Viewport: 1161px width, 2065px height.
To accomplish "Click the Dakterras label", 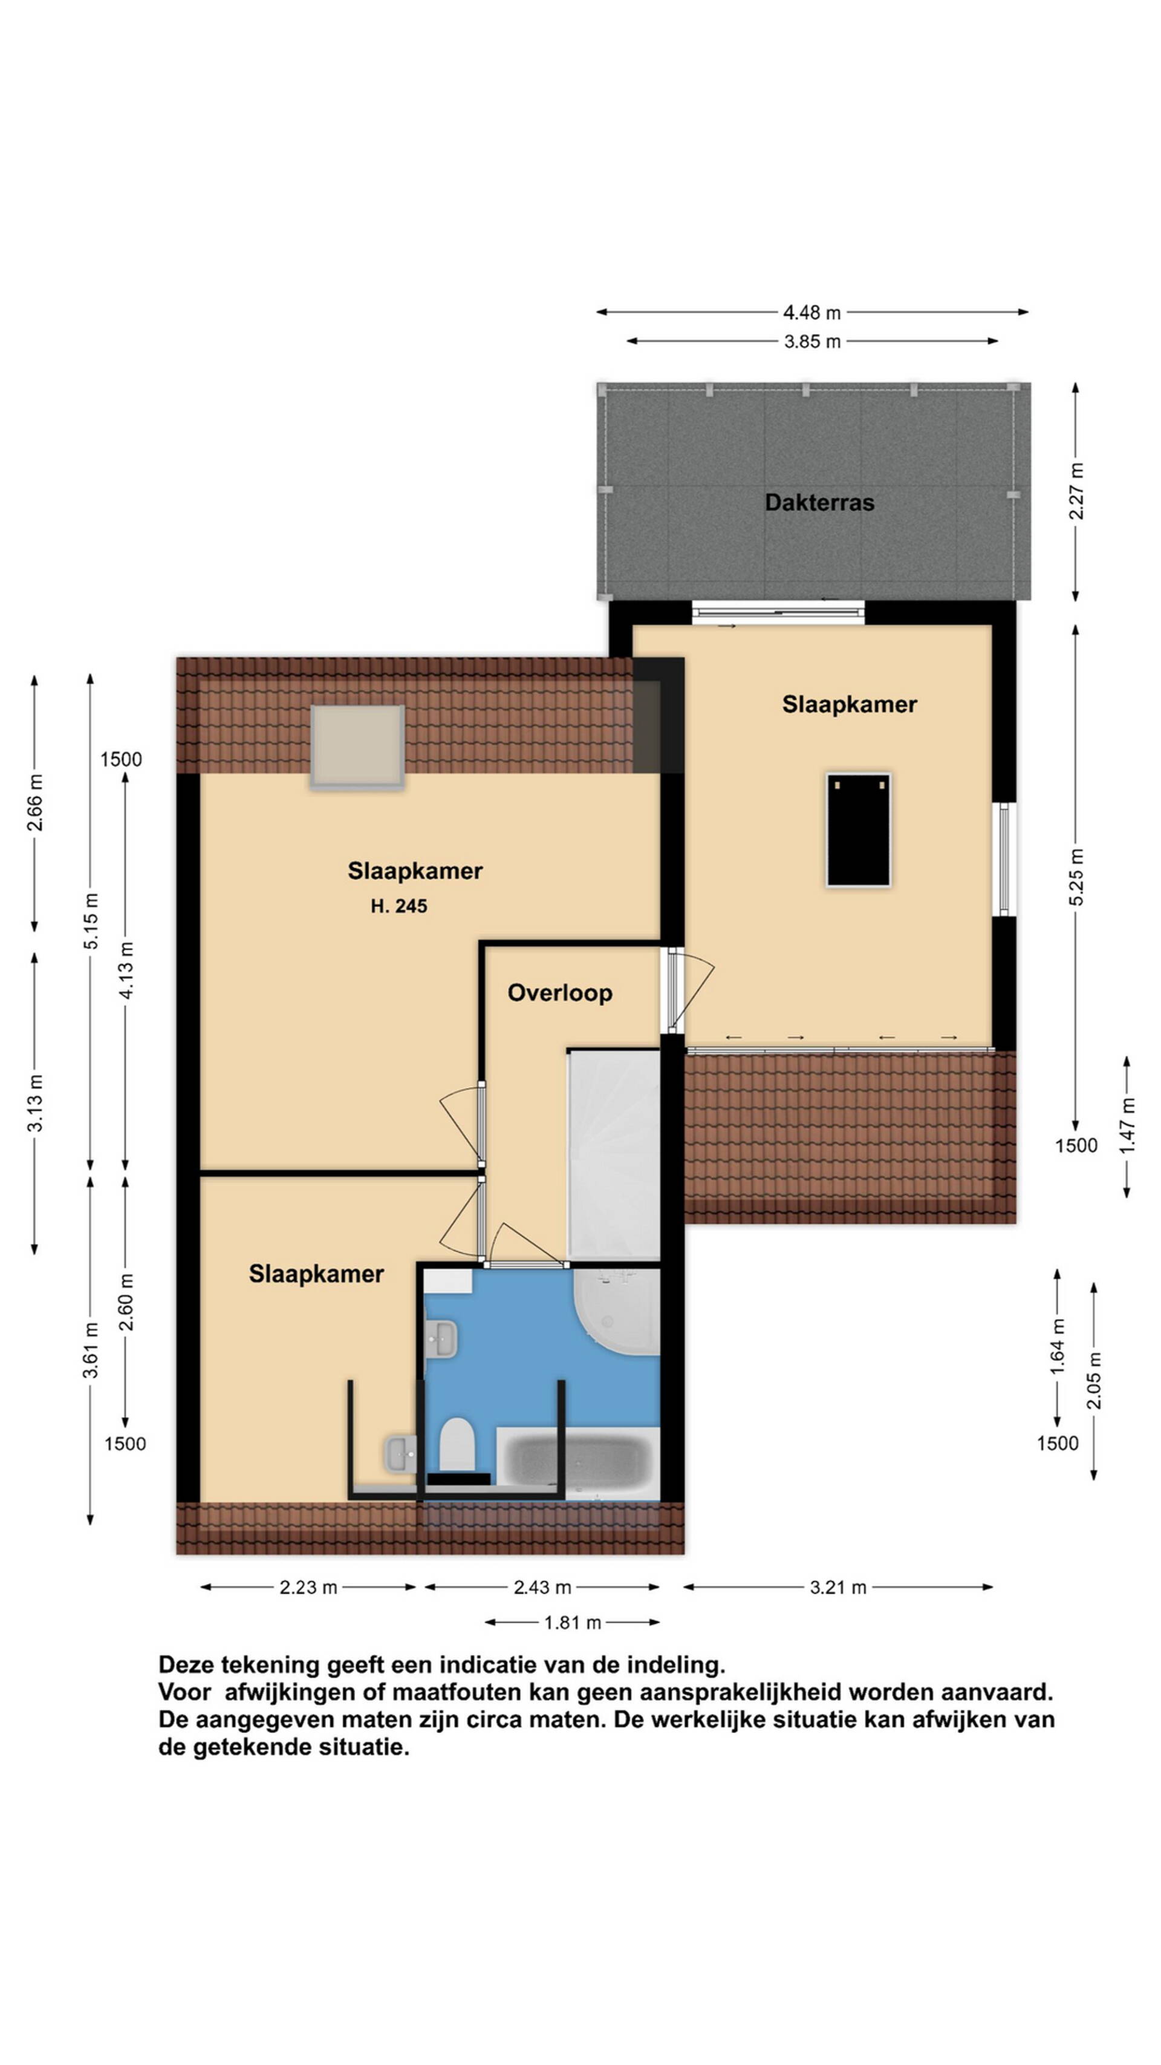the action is pos(819,503).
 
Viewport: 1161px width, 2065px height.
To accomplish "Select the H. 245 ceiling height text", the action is pos(398,906).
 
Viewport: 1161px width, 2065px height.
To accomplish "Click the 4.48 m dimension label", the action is pos(811,313).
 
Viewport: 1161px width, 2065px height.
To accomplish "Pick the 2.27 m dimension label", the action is pos(1076,491).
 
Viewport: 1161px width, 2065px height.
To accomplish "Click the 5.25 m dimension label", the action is pos(1076,877).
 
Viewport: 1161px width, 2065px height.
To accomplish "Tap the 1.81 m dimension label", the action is pos(572,1623).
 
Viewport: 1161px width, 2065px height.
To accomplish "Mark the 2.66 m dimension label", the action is pos(35,802).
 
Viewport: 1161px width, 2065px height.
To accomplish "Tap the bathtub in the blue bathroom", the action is pos(577,1463).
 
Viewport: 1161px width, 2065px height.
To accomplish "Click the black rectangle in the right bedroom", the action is pos(858,830).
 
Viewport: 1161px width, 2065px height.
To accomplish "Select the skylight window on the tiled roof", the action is pos(357,748).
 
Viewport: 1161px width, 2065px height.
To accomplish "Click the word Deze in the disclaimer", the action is pos(186,1666).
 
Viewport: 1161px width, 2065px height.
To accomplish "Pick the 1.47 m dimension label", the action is pos(1127,1127).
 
